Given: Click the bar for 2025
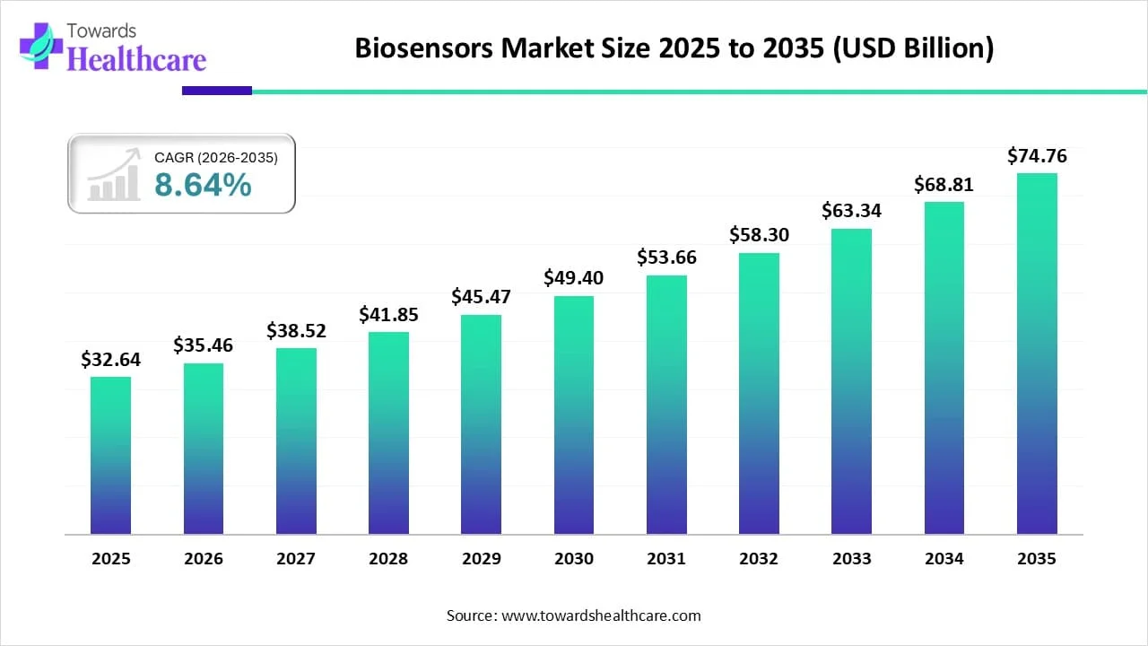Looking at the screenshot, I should coord(110,455).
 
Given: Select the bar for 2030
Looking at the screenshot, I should coord(574,415).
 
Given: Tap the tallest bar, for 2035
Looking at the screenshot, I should coord(1037,354).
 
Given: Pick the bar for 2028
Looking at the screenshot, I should coord(388,432).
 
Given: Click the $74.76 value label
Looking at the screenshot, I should coord(1037,156).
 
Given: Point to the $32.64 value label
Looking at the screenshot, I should coord(110,360).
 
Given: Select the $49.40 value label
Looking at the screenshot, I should coord(574,278).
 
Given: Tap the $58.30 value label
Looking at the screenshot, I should coord(760,235).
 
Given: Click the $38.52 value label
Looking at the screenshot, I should coord(296,331).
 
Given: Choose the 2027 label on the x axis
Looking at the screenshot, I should coord(296,559).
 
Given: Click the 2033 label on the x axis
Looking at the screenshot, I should coord(852,559).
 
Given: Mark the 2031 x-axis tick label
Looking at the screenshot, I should coord(666,559).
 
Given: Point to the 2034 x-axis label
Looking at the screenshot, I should coord(944,559).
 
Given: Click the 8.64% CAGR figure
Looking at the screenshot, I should coord(203,185).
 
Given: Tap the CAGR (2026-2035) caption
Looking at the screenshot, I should coord(216,158).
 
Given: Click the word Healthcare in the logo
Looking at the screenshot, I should coord(137,59).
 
